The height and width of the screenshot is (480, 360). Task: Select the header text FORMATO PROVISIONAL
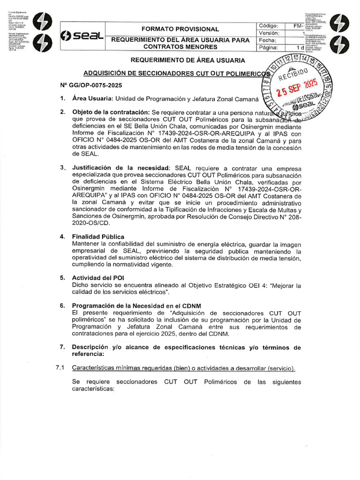(x=180, y=29)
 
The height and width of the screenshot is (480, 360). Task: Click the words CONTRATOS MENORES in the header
(x=180, y=47)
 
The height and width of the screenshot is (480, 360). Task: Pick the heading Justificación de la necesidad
(x=120, y=167)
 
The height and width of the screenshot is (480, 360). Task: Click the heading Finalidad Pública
(x=98, y=237)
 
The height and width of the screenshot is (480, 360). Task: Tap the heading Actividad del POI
(x=97, y=277)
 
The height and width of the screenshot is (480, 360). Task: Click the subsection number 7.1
(x=59, y=368)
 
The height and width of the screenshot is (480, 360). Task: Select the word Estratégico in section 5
(x=228, y=285)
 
